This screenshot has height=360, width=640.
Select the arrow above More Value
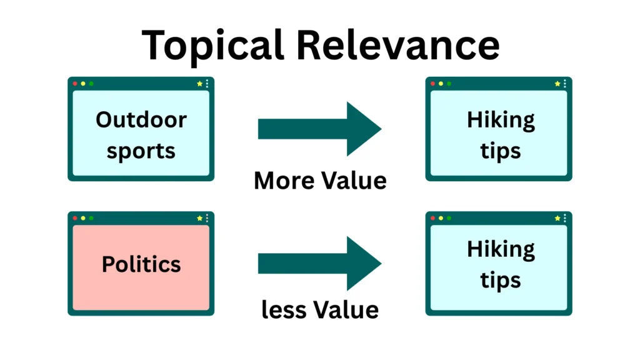(319, 129)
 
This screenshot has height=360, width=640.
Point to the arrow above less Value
(319, 263)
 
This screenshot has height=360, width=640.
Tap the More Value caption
(320, 181)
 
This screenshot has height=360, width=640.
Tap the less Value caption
(320, 309)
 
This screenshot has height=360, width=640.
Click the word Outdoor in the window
(141, 119)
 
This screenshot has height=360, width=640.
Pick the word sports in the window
(141, 151)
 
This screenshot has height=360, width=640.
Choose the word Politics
(141, 264)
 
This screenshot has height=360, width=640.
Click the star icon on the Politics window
(199, 218)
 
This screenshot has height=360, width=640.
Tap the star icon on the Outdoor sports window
(199, 84)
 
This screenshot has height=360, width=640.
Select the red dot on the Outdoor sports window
(75, 84)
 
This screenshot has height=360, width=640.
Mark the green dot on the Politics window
(91, 218)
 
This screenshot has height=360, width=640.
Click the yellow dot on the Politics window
(83, 218)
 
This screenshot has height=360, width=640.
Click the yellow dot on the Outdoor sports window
(83, 84)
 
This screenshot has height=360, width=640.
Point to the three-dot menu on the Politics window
(207, 218)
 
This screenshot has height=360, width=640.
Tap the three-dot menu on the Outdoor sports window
(207, 84)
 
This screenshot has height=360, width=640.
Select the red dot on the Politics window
(75, 218)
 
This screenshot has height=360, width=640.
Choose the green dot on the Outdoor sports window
(91, 84)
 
